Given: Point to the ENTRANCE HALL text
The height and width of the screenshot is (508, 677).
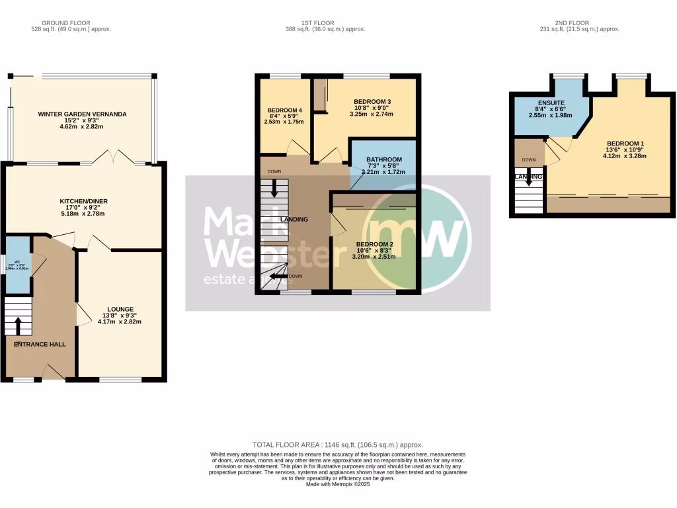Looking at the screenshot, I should pyautogui.click(x=40, y=344).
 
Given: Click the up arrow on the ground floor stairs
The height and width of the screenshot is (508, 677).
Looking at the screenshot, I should pyautogui.click(x=18, y=325).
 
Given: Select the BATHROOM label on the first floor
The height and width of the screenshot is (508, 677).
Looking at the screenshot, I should pyautogui.click(x=384, y=159).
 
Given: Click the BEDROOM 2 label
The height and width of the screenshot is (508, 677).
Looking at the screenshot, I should pyautogui.click(x=374, y=244).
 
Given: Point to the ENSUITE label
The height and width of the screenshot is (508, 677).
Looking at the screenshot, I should pyautogui.click(x=548, y=103).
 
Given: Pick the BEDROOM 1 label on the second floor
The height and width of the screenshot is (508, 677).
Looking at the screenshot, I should pyautogui.click(x=625, y=144).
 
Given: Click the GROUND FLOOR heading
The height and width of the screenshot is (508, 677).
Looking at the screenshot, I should pyautogui.click(x=71, y=22).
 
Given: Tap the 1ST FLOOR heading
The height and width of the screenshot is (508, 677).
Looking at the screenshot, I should pyautogui.click(x=325, y=22).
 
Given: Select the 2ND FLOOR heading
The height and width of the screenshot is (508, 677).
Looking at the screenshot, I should pyautogui.click(x=580, y=22).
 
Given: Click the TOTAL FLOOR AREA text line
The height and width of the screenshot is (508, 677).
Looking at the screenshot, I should pyautogui.click(x=338, y=445).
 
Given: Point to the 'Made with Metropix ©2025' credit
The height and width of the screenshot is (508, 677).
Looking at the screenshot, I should pyautogui.click(x=338, y=484).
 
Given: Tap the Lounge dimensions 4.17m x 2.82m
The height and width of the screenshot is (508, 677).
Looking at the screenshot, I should pyautogui.click(x=119, y=321).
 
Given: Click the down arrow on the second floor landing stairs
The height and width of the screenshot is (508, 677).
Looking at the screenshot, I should pyautogui.click(x=529, y=181).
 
